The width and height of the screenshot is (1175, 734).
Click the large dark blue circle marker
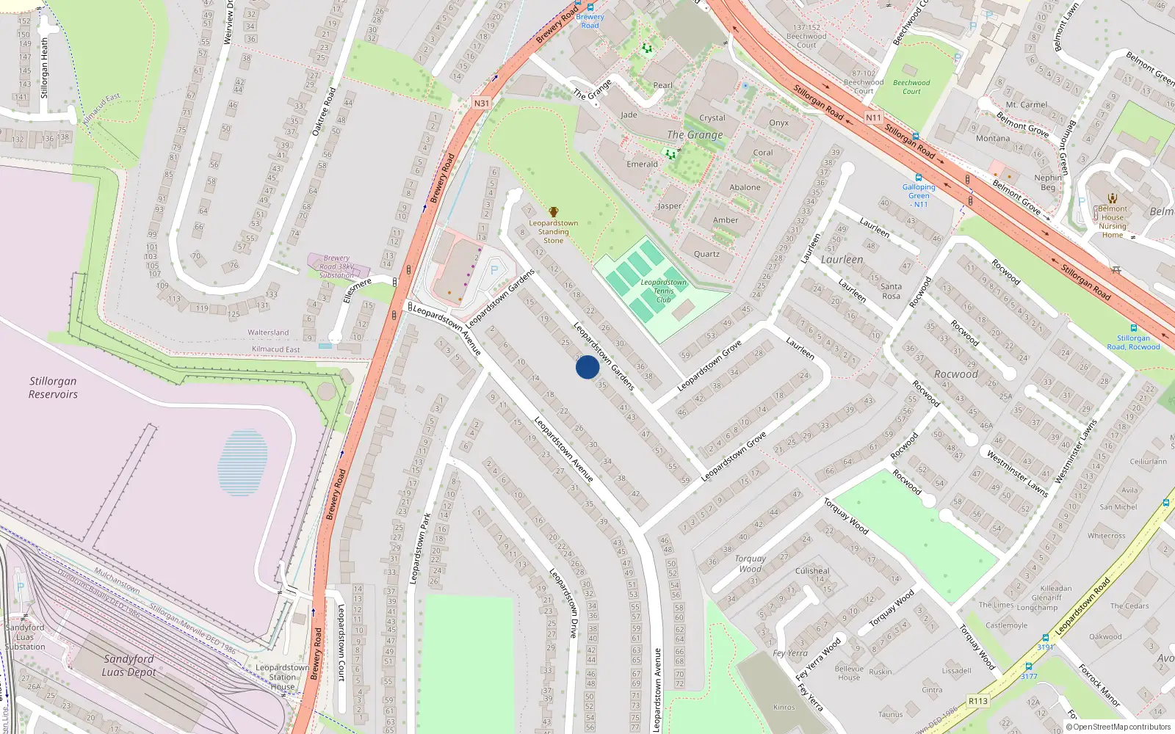(587, 367)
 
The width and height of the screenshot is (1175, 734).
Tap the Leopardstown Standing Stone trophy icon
(554, 212)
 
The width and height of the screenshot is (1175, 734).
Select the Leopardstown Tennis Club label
(663, 291)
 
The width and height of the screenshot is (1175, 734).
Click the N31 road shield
(481, 103)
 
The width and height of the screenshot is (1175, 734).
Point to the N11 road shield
(873, 117)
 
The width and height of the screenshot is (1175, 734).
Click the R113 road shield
(977, 701)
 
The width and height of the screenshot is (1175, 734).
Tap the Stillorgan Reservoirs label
(53, 388)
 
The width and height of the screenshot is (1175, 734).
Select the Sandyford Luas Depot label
(129, 665)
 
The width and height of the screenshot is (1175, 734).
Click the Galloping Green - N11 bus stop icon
(919, 178)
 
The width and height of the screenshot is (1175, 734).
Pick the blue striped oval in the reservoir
(242, 462)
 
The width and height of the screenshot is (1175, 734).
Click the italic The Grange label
(695, 135)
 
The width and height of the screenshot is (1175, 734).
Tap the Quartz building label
(706, 254)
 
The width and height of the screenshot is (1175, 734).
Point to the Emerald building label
(642, 164)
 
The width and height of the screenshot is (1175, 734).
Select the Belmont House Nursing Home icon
(1113, 198)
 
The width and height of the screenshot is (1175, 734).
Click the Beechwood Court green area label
(911, 87)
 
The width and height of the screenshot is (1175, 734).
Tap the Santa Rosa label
(891, 291)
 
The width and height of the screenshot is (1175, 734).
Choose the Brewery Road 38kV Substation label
(336, 266)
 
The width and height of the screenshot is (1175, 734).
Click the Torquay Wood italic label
(750, 563)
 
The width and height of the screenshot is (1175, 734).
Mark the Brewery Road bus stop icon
(590, 7)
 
